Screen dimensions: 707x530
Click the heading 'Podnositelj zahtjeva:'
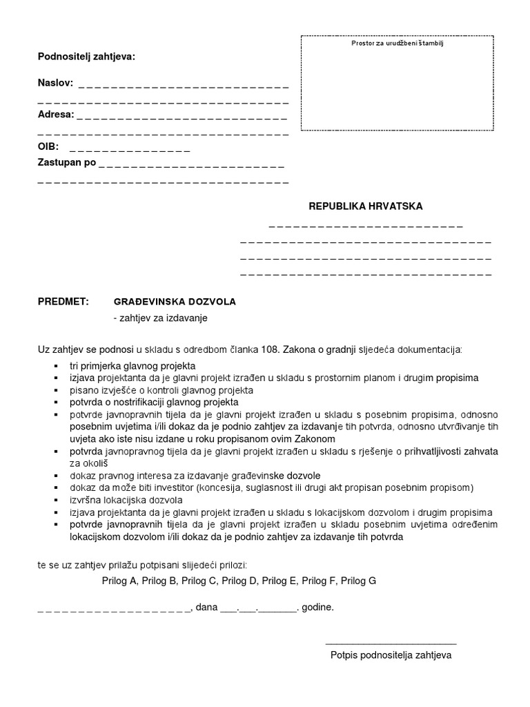86,57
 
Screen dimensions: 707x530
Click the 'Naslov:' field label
55,84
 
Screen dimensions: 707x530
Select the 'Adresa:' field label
55,115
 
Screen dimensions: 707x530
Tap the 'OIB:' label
48,147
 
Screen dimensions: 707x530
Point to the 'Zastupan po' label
66,163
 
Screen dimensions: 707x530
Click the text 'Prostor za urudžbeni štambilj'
397,43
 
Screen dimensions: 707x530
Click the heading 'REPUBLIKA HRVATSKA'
366,206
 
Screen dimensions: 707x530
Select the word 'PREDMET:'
63,302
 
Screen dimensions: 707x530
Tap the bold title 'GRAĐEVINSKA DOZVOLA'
175,302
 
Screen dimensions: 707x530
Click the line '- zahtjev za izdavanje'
160,318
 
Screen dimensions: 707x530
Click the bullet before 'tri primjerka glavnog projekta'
55,365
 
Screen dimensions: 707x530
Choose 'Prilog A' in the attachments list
119,581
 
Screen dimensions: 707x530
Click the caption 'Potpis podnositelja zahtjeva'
391,655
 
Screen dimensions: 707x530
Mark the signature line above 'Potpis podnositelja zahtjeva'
391,643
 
